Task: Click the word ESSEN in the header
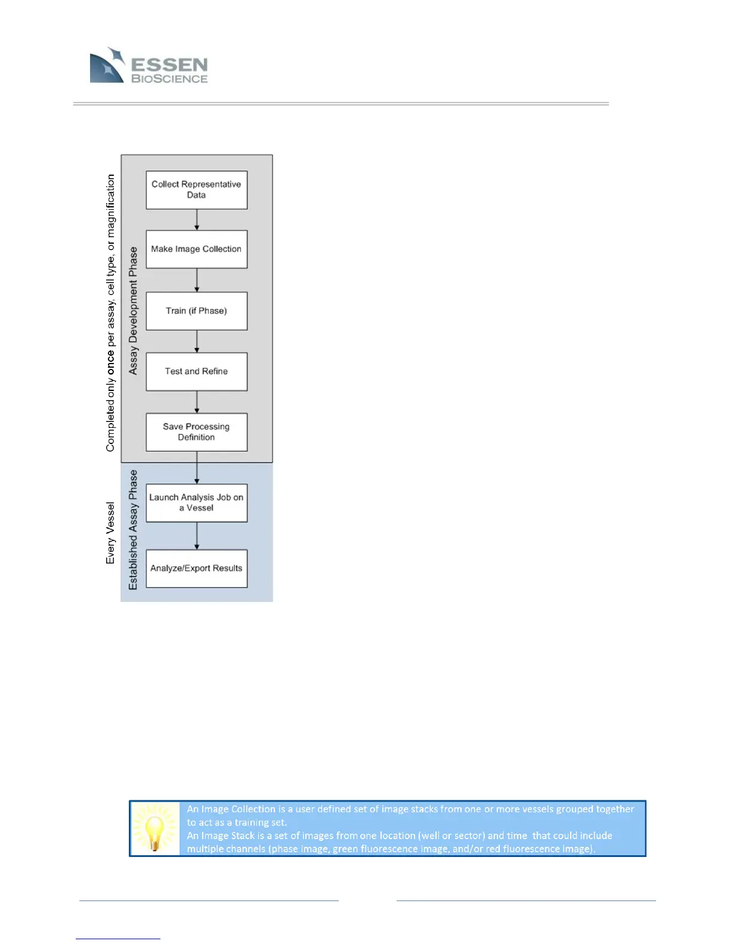click(x=169, y=64)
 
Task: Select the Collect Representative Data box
click(x=196, y=190)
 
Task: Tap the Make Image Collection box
click(x=196, y=249)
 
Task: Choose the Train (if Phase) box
click(x=196, y=310)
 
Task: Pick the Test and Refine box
click(x=196, y=371)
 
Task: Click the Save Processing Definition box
click(x=196, y=432)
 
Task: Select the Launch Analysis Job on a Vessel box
click(x=196, y=502)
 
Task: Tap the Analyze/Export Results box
click(x=196, y=568)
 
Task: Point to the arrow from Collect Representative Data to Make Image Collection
click(x=197, y=219)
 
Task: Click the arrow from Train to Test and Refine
click(x=197, y=341)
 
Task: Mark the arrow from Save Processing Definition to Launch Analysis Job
click(x=197, y=468)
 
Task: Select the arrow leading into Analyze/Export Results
click(x=197, y=536)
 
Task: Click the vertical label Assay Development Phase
click(x=133, y=310)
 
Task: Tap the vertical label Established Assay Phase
click(x=133, y=530)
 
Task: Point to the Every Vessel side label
click(x=110, y=533)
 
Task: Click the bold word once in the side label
click(x=111, y=363)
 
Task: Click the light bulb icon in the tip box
click(x=154, y=828)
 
